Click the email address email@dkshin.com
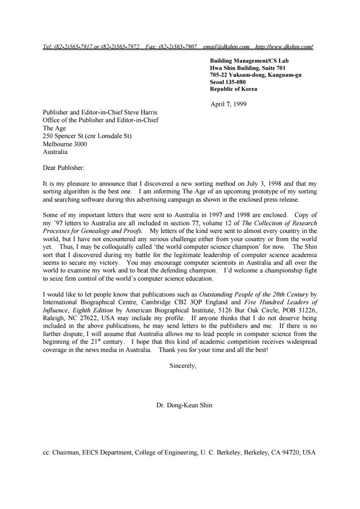click(x=226, y=47)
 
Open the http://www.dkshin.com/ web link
click(x=284, y=47)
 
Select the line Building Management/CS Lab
click(x=249, y=61)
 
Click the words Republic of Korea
click(x=234, y=89)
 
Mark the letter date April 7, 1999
click(x=228, y=104)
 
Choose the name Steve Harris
click(x=140, y=113)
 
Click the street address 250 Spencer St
click(x=63, y=136)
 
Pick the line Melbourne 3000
click(x=65, y=144)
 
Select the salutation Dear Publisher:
click(x=63, y=167)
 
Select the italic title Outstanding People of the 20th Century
click(x=254, y=294)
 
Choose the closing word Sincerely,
click(x=183, y=365)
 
